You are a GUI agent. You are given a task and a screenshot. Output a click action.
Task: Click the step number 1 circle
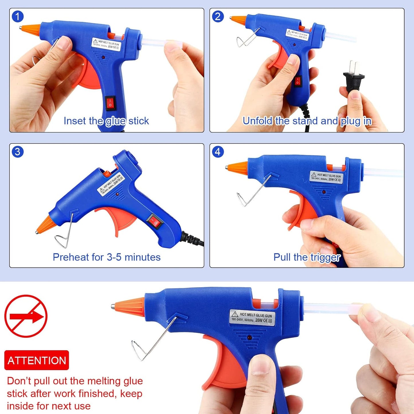[17, 17]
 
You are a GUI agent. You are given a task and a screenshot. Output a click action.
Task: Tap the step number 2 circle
[218, 17]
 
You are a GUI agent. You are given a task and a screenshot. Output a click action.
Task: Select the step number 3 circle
[17, 152]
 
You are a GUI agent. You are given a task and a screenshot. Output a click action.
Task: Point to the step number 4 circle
[218, 152]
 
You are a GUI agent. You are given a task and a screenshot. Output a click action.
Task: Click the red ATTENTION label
[37, 360]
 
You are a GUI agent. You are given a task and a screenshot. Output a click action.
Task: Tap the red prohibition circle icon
[26, 316]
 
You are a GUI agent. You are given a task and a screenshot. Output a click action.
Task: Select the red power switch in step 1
[110, 103]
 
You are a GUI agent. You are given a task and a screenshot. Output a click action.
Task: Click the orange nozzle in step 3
[45, 224]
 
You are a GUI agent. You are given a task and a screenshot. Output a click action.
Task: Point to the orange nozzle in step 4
[237, 167]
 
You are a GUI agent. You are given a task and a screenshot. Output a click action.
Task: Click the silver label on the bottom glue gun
[252, 317]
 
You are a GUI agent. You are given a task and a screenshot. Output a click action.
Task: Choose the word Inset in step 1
[75, 121]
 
